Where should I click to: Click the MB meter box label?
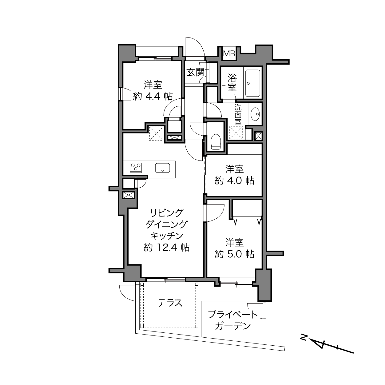[229, 54]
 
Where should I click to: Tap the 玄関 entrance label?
[195, 72]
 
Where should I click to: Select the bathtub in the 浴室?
[252, 83]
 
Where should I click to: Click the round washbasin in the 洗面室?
[255, 114]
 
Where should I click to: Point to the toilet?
[216, 142]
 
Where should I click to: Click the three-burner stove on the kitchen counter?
[136, 167]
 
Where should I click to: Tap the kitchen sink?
[162, 168]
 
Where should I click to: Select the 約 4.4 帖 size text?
[153, 97]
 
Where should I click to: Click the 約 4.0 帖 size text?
[234, 181]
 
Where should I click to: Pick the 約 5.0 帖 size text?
[234, 254]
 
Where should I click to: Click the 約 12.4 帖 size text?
[167, 248]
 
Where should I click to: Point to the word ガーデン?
[233, 326]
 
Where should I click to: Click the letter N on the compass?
[304, 338]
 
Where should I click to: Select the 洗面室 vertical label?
[238, 115]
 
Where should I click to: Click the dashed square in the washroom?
[236, 133]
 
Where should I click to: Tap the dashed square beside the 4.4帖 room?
[157, 133]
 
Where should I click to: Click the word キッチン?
[167, 236]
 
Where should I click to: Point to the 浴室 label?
[232, 83]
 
